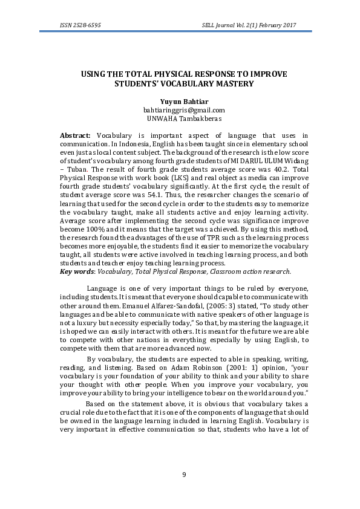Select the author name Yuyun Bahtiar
click(x=184, y=102)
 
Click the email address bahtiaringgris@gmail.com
click(x=184, y=110)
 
